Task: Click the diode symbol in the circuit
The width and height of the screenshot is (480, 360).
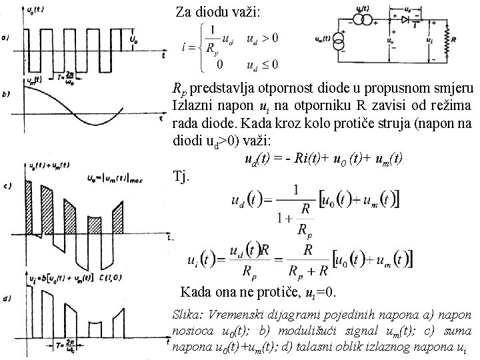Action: point(405,19)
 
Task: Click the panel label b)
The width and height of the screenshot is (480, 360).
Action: point(6,95)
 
